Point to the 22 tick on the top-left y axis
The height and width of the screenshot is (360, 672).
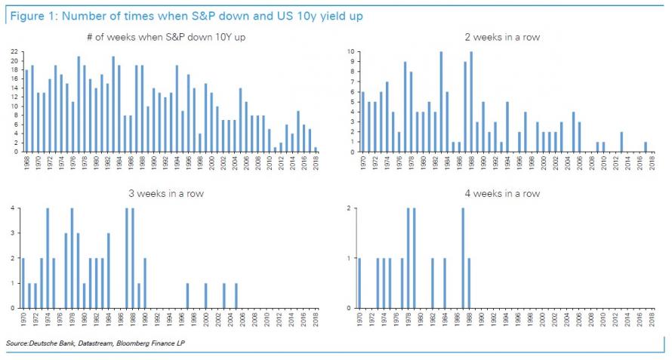tap(14, 52)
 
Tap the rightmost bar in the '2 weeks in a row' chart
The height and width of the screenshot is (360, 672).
tap(646, 147)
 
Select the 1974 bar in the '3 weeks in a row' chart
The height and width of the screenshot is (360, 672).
tap(48, 258)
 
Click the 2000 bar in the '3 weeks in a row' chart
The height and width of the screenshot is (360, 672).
tap(206, 296)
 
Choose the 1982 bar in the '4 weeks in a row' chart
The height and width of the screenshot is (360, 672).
tap(433, 283)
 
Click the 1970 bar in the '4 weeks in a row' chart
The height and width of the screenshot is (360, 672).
tap(360, 283)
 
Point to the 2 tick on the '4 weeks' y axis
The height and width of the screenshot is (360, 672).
tap(349, 209)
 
